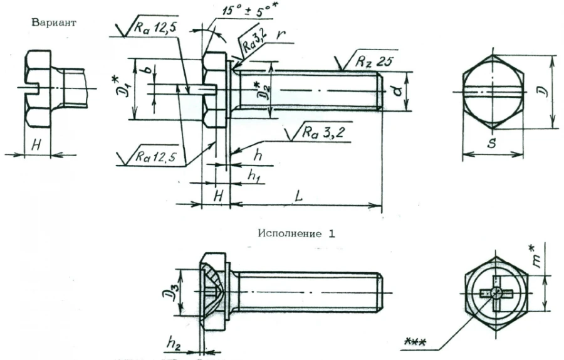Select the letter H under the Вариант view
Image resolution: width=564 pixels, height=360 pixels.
[x=36, y=144]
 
